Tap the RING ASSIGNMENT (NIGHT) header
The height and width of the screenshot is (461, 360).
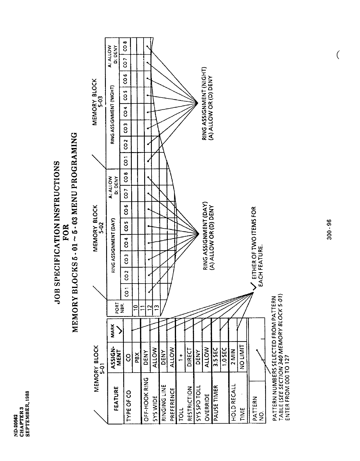coord(112,94)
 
